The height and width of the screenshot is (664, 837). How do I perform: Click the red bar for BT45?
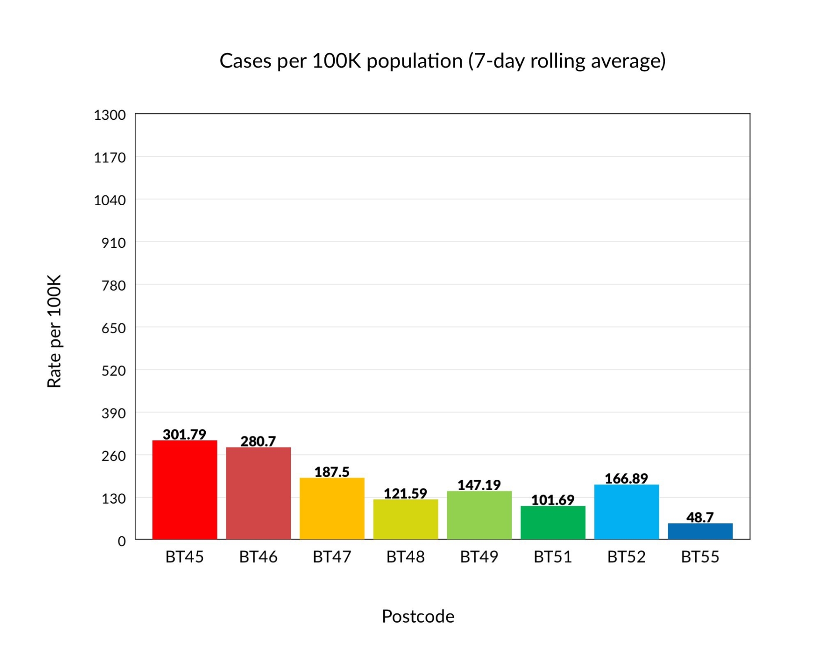(x=184, y=490)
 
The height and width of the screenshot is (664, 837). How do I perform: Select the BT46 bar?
(x=258, y=493)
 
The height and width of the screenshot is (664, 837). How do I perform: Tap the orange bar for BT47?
(x=332, y=508)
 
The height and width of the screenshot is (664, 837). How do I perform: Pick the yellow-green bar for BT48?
(x=405, y=519)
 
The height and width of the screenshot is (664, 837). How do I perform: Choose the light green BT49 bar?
(x=479, y=515)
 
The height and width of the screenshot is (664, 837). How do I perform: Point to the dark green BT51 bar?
(x=553, y=522)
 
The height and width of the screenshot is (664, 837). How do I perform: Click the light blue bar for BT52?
(x=626, y=512)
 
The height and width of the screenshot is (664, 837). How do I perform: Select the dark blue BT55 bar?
(x=700, y=531)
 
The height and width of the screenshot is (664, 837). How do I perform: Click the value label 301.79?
(x=184, y=434)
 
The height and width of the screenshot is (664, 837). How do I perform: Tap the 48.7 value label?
(x=700, y=517)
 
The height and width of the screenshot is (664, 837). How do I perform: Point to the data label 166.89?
(x=626, y=478)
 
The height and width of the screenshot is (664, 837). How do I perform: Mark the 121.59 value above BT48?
(x=405, y=493)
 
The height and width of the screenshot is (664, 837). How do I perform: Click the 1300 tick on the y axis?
(x=110, y=115)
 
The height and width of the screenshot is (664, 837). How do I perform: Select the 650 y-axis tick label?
(x=113, y=328)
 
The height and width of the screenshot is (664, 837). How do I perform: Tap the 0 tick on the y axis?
(x=122, y=541)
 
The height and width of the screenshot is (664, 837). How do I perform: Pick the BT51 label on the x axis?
(x=553, y=557)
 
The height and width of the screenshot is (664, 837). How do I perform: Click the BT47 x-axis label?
(x=332, y=557)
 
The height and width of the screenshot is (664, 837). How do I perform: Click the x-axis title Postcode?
(x=418, y=616)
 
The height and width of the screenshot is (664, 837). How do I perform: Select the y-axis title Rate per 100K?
(x=54, y=331)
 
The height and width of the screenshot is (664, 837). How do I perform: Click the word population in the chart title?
(x=414, y=61)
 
